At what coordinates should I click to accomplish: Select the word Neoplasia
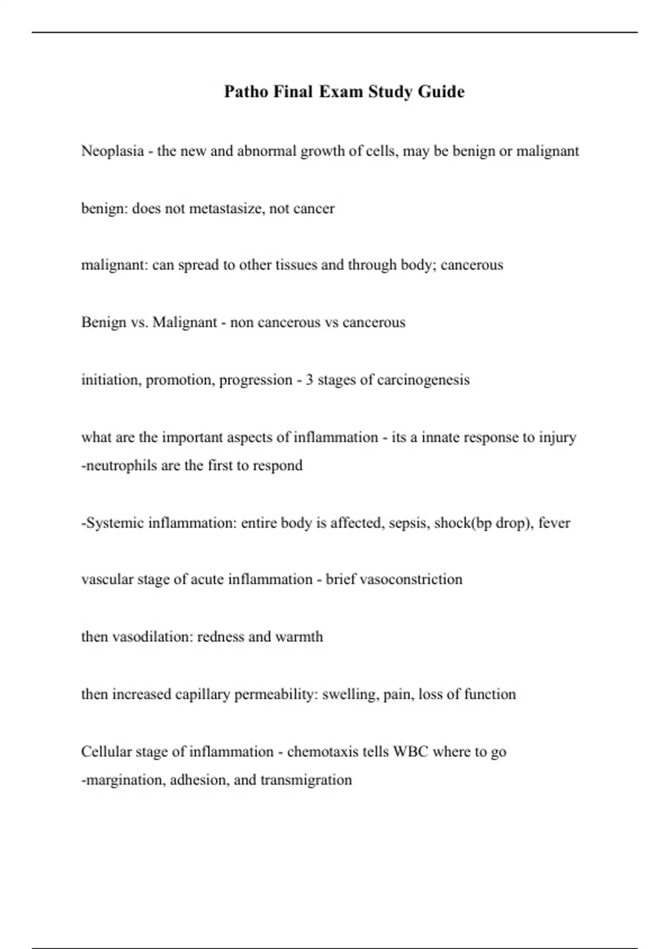coord(112,151)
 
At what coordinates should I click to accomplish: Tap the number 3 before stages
coord(309,380)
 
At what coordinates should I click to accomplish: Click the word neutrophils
coord(121,466)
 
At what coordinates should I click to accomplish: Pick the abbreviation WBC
coord(410,752)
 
